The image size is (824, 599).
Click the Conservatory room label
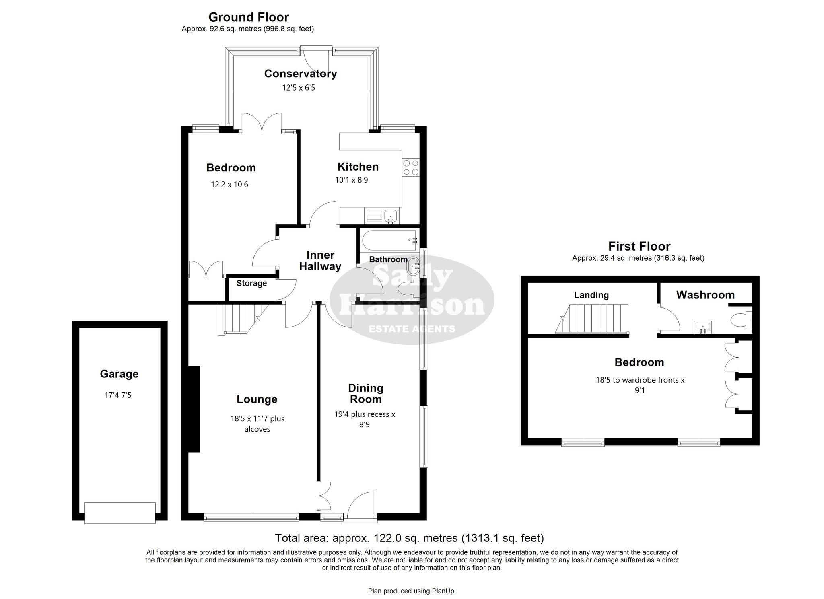[x=301, y=74]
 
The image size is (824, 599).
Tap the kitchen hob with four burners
[x=410, y=167]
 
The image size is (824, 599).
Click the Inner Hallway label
[x=320, y=261]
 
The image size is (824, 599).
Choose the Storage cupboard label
[x=251, y=283]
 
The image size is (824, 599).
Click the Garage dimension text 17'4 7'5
[x=118, y=395]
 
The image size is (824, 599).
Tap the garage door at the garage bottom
[x=120, y=513]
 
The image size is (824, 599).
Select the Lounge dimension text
[x=257, y=424]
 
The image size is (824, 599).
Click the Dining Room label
[x=365, y=393]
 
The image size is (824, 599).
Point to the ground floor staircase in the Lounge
[x=239, y=319]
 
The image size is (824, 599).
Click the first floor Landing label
[x=591, y=295]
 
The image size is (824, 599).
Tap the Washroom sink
[x=702, y=327]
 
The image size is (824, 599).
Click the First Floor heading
[x=639, y=246]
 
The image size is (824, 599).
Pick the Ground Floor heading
[x=249, y=17]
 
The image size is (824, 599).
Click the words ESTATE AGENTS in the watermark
[x=412, y=329]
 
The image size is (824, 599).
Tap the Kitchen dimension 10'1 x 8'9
[x=351, y=180]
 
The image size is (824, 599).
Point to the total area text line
[x=409, y=538]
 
